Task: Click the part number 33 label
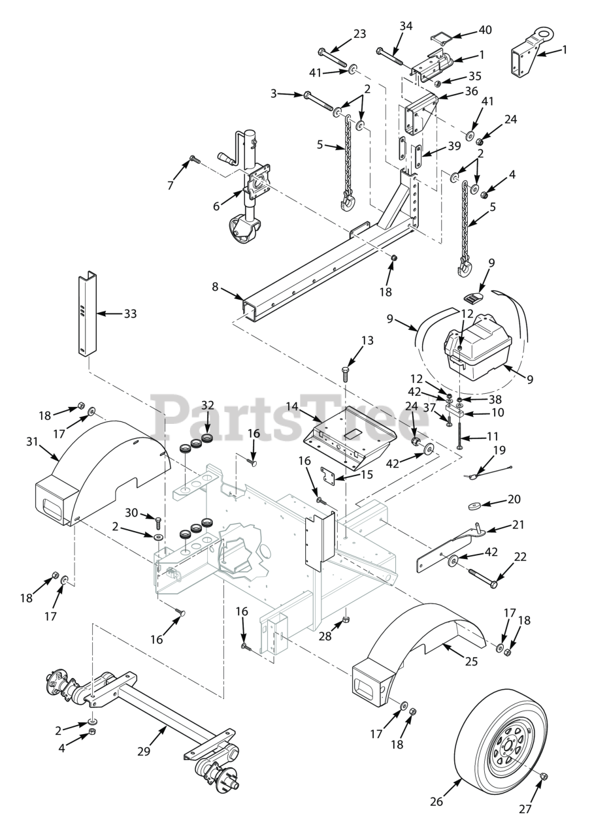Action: tap(130, 314)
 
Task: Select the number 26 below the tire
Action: tap(436, 801)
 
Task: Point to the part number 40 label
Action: tap(485, 29)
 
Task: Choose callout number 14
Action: tap(292, 406)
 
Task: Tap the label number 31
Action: tap(33, 442)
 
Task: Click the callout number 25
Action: tap(471, 662)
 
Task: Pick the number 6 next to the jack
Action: tap(216, 206)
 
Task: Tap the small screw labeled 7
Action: tap(195, 159)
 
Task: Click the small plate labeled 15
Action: tap(328, 475)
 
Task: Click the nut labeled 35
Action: tap(438, 82)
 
